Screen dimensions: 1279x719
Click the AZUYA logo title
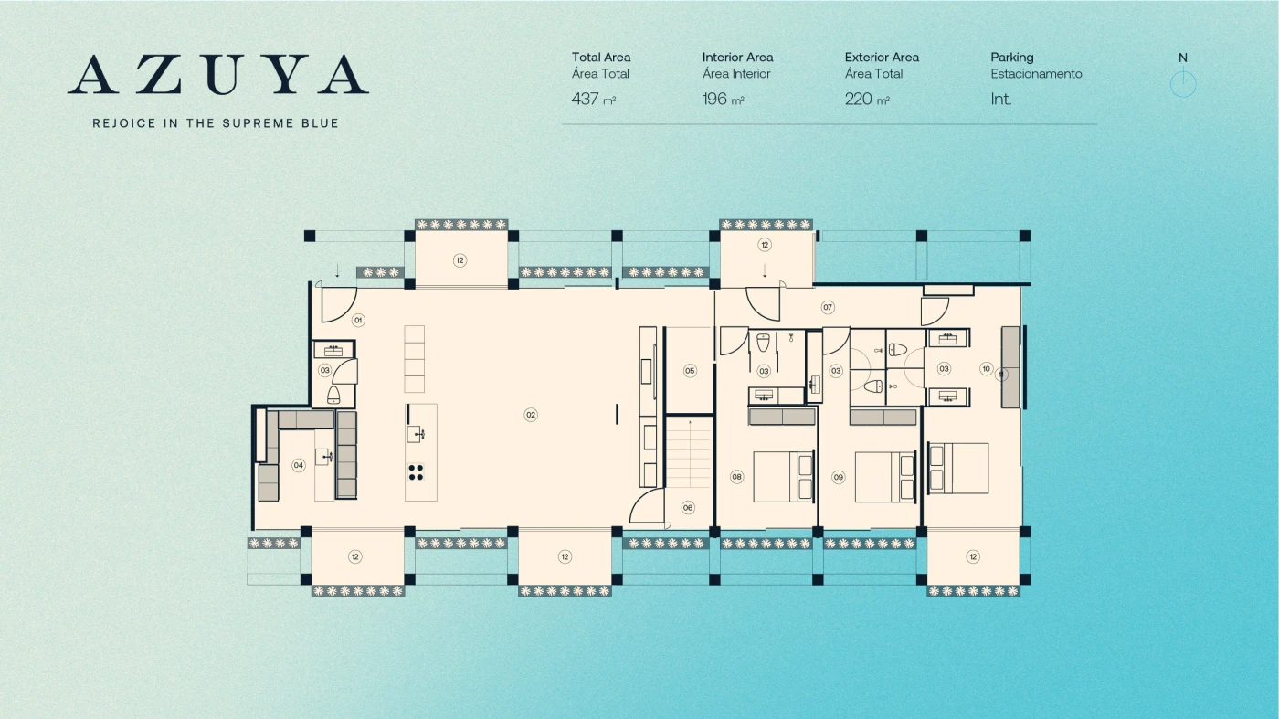(218, 74)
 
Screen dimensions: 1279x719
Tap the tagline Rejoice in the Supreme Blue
(216, 123)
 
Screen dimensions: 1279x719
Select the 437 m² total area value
(594, 100)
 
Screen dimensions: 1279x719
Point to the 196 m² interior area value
(724, 100)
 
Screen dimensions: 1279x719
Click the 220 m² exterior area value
(867, 100)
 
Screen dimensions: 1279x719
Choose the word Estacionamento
(1036, 74)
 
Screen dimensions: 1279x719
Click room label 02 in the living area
(531, 415)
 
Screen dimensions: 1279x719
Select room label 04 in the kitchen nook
(298, 465)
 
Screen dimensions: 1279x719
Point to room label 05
(690, 371)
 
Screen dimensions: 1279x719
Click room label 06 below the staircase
(688, 508)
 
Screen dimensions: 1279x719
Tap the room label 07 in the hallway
(828, 307)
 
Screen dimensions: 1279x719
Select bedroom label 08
(737, 477)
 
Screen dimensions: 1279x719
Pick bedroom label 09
(839, 477)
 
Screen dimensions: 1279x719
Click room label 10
(986, 369)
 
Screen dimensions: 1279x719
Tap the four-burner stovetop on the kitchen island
(416, 472)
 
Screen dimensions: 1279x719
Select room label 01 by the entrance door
(358, 321)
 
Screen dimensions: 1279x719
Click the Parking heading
(1012, 58)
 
